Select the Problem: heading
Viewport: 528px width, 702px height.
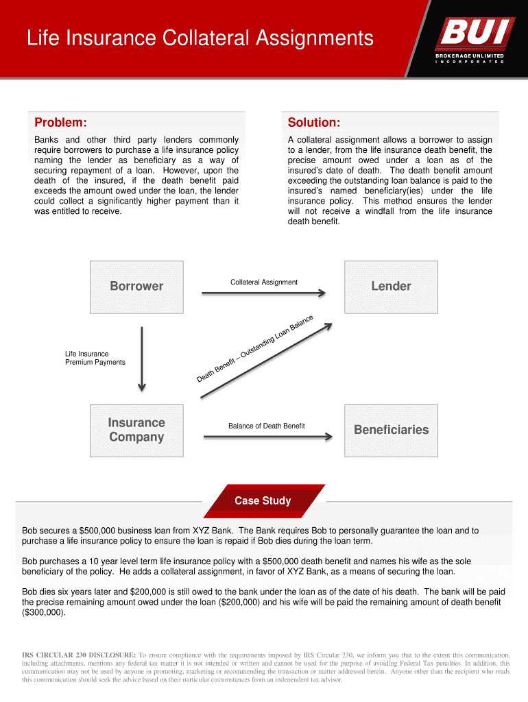60,122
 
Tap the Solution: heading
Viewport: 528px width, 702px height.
313,122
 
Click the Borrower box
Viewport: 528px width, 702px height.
136,286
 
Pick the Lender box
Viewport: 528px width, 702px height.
391,286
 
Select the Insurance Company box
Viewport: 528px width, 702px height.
136,430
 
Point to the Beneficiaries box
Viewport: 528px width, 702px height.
391,430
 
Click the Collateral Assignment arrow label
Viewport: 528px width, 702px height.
264,282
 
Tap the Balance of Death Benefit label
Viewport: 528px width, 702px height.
266,426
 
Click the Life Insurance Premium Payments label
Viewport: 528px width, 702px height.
95,358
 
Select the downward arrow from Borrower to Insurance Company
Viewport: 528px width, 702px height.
141,359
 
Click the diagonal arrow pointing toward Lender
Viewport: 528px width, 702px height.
267,359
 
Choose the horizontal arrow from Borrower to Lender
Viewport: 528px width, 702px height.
264,293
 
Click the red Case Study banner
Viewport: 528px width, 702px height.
263,500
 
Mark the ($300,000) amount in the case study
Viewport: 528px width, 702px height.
44,612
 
